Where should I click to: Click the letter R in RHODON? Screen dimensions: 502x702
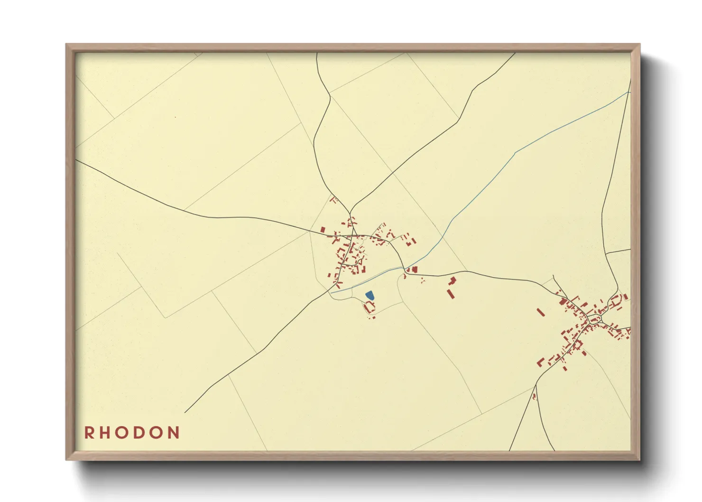89,433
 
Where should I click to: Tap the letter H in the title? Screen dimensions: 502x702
105,433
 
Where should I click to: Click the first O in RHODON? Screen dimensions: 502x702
122,433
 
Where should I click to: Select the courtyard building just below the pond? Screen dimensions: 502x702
369,307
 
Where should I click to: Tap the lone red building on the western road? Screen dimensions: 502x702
323,230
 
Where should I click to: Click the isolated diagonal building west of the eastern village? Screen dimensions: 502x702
540,312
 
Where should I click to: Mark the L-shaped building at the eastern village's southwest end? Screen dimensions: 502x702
540,362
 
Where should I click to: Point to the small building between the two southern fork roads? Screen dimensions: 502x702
535,396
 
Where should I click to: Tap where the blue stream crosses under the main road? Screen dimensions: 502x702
405,270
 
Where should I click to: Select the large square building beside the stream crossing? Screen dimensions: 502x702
415,270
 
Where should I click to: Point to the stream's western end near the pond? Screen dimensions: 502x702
332,293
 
